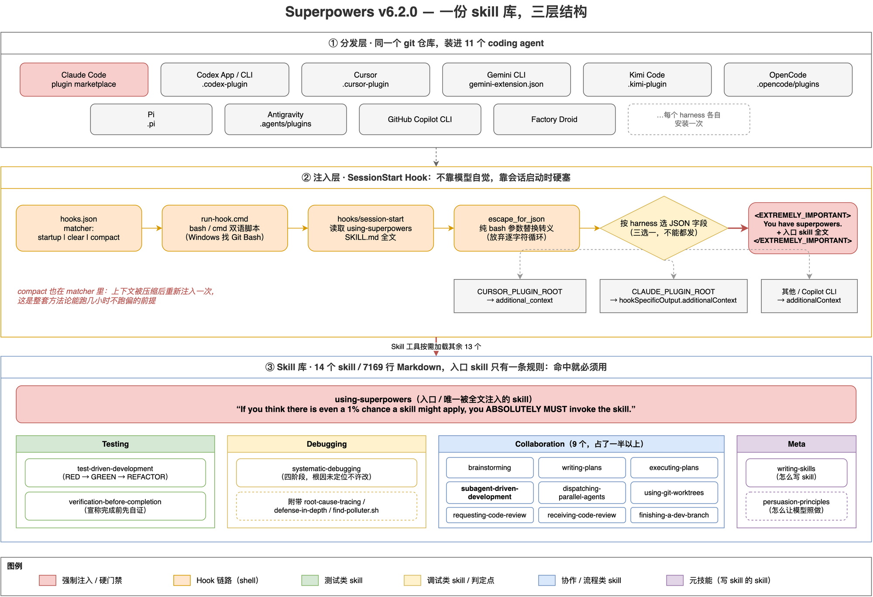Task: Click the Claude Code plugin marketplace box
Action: click(x=84, y=79)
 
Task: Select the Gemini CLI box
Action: click(x=506, y=79)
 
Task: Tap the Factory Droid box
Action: click(x=554, y=119)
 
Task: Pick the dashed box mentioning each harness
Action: click(x=689, y=119)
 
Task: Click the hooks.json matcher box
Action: click(x=79, y=228)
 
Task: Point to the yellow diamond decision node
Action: click(x=664, y=228)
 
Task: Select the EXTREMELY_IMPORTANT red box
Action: click(x=803, y=228)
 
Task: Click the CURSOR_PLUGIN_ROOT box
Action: click(x=520, y=296)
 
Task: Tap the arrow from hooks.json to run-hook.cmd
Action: click(x=152, y=228)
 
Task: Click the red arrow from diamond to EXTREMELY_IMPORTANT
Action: click(x=738, y=228)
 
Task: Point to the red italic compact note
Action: click(x=116, y=296)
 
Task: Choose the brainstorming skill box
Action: click(x=490, y=468)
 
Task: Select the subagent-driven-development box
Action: click(x=490, y=493)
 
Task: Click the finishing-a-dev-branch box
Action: click(x=674, y=515)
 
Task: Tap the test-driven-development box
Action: click(x=115, y=473)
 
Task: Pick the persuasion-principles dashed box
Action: click(x=796, y=506)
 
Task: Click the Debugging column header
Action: click(x=327, y=444)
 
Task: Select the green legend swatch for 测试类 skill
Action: click(x=310, y=580)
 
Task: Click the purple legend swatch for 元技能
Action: click(x=675, y=580)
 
